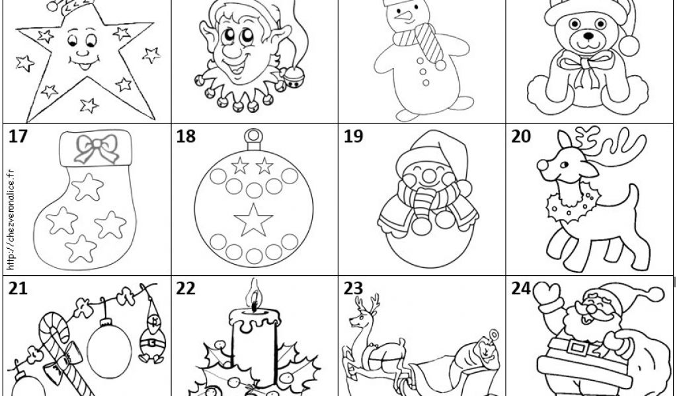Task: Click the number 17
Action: pos(18,136)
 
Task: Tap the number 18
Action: pos(186,136)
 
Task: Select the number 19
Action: pos(353,136)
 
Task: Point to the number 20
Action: pos(521,136)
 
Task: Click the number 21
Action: pos(18,288)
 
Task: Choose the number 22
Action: pos(186,288)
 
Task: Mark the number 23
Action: pos(353,288)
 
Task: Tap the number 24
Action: pos(521,288)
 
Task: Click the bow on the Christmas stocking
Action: pos(97,148)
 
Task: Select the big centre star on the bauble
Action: pos(253,220)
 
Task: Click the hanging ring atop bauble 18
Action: pos(253,137)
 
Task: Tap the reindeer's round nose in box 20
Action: pos(543,165)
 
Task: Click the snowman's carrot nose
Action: pos(404,16)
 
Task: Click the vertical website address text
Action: pos(11,220)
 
